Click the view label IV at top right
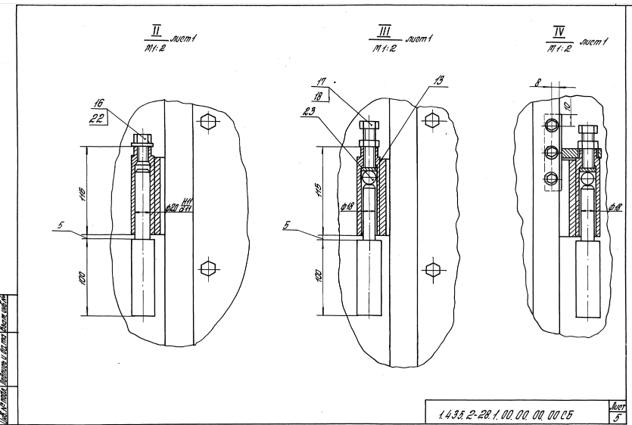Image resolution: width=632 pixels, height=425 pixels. point(559,31)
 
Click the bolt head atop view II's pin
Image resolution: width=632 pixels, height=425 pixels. point(143,138)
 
